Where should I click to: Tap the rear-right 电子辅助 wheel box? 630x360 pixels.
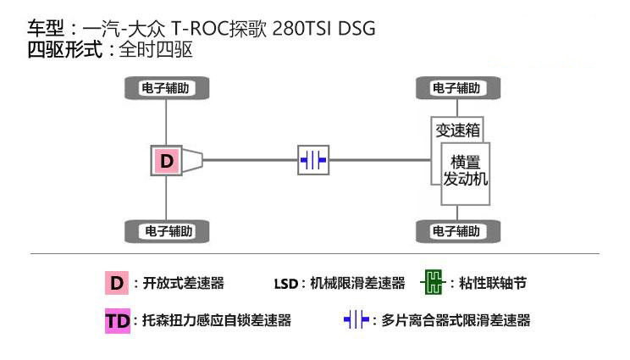167,231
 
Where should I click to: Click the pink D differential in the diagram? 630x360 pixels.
167,160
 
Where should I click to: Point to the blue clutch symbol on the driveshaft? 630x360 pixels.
313,160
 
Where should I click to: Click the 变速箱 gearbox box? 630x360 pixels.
457,130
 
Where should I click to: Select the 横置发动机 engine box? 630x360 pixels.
466,172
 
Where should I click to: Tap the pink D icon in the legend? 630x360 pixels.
117,283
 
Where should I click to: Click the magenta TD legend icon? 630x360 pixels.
117,321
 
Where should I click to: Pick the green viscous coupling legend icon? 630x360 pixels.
432,283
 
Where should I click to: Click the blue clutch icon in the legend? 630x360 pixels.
356,321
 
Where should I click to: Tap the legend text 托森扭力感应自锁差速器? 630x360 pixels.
217,321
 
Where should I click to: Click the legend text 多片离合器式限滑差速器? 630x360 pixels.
456,321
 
